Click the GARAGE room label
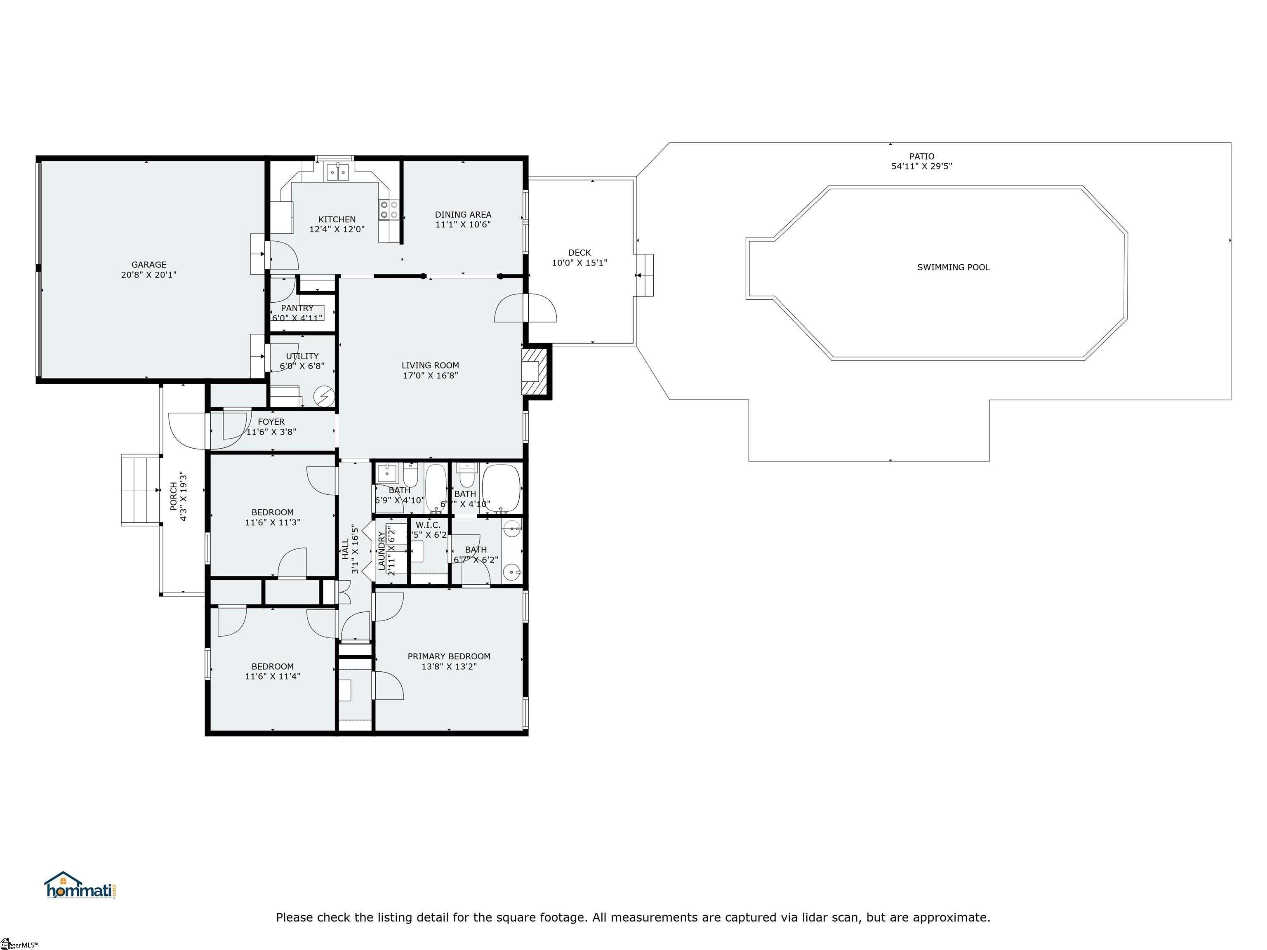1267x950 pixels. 148,265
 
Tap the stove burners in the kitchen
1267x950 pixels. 389,209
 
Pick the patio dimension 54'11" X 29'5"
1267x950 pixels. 922,167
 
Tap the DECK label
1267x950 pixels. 579,252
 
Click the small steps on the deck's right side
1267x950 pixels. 646,275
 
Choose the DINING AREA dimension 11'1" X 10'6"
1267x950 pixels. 463,224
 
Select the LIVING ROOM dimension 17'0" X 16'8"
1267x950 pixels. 430,376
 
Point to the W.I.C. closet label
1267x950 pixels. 428,525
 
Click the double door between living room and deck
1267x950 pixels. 526,308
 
